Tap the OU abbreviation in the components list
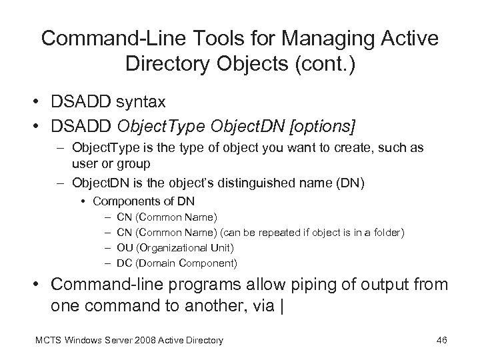pyautogui.click(x=123, y=248)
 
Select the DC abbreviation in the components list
pyautogui.click(x=123, y=263)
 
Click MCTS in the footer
pyautogui.click(x=33, y=341)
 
